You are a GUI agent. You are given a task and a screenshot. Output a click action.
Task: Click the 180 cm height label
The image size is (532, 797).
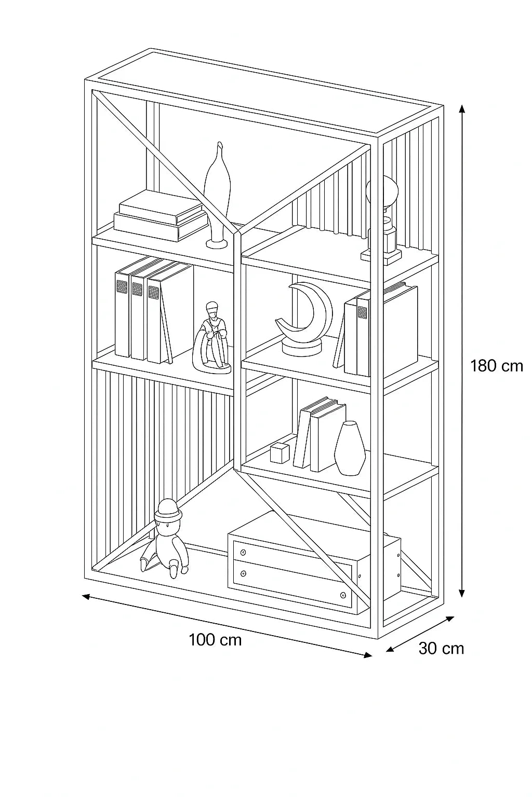pos(496,366)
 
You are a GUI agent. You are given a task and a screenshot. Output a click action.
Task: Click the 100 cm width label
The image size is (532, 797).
pos(215,640)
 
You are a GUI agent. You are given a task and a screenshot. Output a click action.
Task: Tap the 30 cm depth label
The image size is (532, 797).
pos(441,649)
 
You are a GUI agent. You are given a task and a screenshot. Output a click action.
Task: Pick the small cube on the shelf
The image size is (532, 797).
pos(280,453)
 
